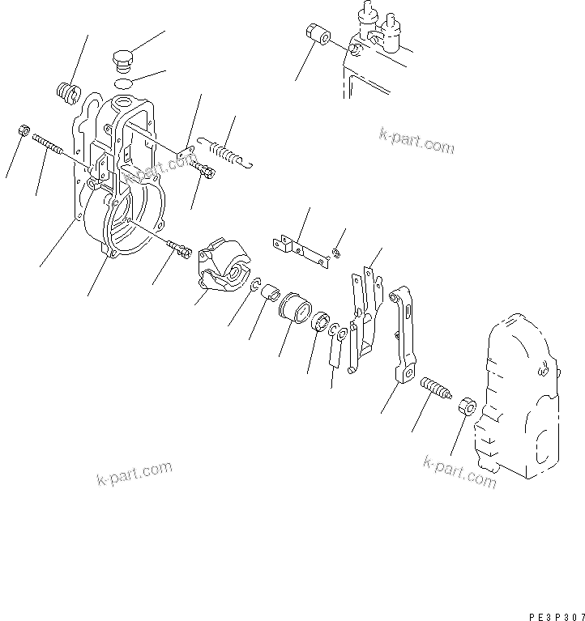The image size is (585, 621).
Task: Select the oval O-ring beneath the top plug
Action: click(x=123, y=83)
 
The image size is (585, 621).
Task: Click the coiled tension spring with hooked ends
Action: click(x=228, y=153)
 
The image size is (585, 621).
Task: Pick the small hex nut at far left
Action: click(x=23, y=130)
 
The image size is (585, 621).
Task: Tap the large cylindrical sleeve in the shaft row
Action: click(x=294, y=310)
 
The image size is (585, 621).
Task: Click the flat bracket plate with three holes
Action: click(x=301, y=249)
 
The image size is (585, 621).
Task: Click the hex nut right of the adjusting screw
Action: click(x=466, y=406)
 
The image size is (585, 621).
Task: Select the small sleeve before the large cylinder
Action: click(x=270, y=291)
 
